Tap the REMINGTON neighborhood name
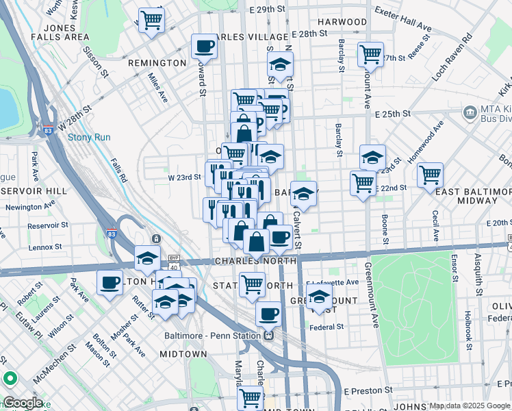pyautogui.click(x=157, y=63)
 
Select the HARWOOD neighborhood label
pyautogui.click(x=342, y=22)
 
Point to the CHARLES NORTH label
pyautogui.click(x=255, y=262)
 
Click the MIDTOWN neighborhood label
pyautogui.click(x=183, y=353)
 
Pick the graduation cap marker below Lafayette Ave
pyautogui.click(x=319, y=296)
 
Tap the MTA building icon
pyautogui.click(x=470, y=112)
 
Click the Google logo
pyautogui.click(x=22, y=403)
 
